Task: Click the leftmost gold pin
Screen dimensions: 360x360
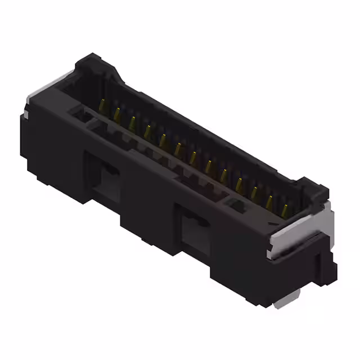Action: click(103, 105)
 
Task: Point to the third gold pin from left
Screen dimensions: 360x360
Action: click(132, 121)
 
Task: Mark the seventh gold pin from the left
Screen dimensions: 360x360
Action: click(193, 157)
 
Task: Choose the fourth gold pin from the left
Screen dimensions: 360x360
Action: click(147, 130)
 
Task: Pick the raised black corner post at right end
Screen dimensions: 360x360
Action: click(313, 189)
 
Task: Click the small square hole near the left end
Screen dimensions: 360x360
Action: click(83, 116)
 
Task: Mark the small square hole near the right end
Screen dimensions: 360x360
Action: click(236, 205)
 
